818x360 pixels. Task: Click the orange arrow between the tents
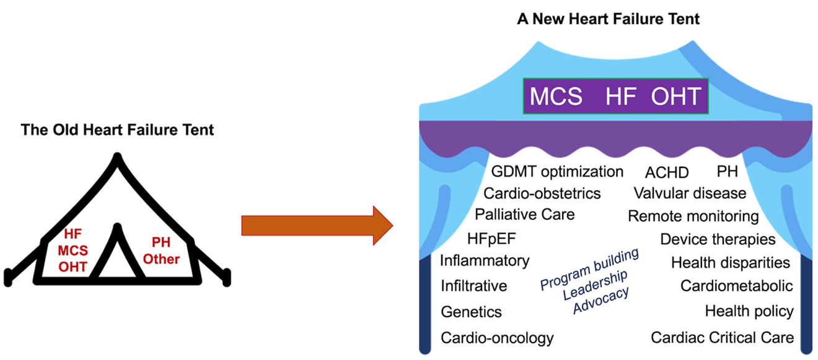pos(316,225)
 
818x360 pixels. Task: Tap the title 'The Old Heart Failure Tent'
pos(117,130)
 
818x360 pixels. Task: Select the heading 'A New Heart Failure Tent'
pos(609,19)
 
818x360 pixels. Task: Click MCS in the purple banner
pos(556,97)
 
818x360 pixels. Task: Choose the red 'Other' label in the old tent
pos(161,259)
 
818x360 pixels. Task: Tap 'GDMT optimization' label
pos(557,171)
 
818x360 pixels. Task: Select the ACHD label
pos(667,172)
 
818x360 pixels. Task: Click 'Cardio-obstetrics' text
pos(542,193)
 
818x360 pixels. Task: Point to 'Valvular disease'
pos(690,193)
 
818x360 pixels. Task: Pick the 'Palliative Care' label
pos(525,214)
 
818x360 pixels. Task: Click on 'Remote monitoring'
pos(693,216)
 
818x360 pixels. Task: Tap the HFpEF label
pos(492,239)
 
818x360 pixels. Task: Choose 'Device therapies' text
pos(718,239)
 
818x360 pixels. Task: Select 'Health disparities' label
pos(731,263)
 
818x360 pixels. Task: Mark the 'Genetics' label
pos(471,312)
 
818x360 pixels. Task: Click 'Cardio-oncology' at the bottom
pos(497,338)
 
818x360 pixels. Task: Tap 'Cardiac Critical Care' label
pos(722,338)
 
